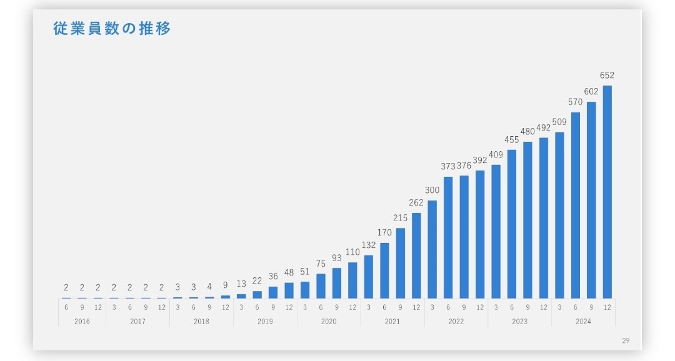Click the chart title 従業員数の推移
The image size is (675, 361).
112,29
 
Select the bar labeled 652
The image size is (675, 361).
607,192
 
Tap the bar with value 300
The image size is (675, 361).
432,249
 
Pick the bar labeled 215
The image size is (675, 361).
400,263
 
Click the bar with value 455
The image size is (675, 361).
512,224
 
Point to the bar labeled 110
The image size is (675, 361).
352,280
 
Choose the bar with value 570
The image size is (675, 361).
575,205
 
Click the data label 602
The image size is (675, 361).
591,91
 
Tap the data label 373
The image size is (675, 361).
448,166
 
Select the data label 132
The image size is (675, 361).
369,245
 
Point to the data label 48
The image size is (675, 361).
289,272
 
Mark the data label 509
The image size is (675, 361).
559,122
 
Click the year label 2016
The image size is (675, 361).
82,321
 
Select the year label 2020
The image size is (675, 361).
329,321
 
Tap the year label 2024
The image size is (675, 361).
583,321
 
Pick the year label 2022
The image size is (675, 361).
456,321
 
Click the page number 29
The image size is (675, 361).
626,340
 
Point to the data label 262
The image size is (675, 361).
416,202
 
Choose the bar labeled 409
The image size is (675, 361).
496,231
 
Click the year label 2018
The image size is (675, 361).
201,321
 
